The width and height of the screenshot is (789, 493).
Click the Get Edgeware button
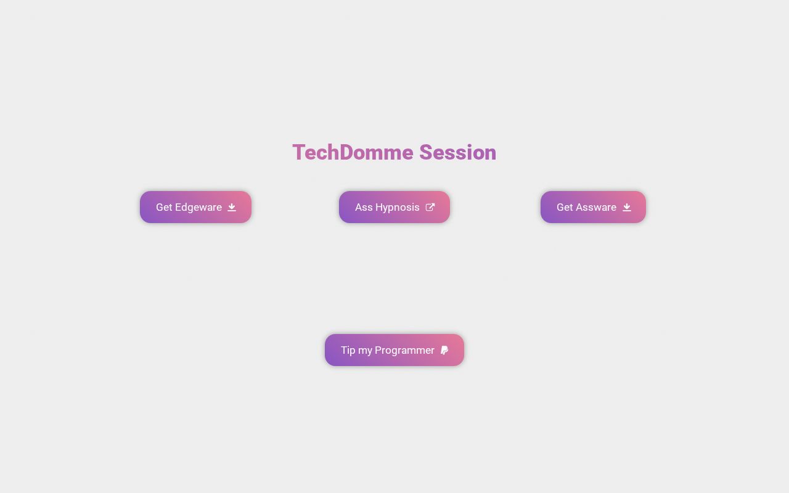coord(195,207)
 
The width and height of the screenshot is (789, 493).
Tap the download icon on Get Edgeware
coord(232,207)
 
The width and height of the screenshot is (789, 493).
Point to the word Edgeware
coord(198,208)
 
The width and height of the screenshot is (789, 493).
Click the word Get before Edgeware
coord(164,208)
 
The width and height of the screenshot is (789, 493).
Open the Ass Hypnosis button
coord(394,207)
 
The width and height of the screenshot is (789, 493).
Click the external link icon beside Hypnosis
coord(430,207)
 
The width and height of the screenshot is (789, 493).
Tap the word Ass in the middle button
coord(364,208)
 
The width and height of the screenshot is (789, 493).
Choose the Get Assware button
coord(593,207)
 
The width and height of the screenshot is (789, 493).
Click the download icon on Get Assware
coord(627,207)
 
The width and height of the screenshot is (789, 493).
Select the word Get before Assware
coord(565,208)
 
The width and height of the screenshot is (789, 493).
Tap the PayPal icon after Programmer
coord(444,350)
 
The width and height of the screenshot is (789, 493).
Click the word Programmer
coord(404,351)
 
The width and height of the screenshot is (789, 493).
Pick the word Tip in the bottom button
coord(348,350)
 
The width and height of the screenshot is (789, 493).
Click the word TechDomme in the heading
coord(353,153)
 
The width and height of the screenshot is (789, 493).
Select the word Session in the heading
coord(457,153)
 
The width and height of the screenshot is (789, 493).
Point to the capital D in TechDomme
coord(346,153)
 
